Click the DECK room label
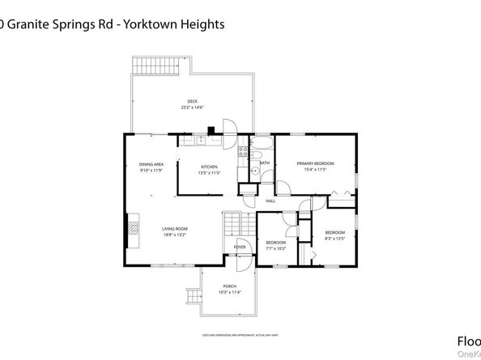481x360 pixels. (192, 101)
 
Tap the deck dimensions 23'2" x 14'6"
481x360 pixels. (192, 107)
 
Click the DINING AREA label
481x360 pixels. (151, 164)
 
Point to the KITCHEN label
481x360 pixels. (210, 167)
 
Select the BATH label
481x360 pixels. (265, 163)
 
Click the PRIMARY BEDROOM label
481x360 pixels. (315, 163)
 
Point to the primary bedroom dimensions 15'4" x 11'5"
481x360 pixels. (315, 170)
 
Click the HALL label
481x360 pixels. (270, 201)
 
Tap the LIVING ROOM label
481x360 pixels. (174, 229)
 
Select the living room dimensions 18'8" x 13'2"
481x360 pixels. (174, 235)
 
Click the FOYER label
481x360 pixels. (240, 247)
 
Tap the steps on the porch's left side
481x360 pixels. (192, 298)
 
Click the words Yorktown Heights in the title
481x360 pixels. (178, 24)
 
